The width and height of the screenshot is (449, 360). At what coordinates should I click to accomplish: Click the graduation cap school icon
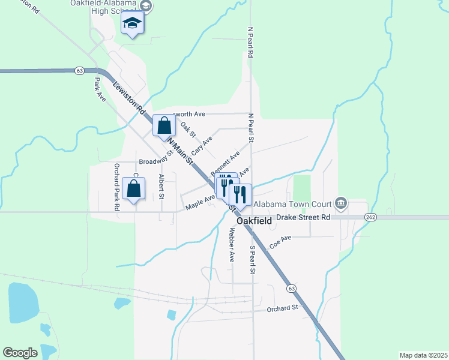pos(132,25)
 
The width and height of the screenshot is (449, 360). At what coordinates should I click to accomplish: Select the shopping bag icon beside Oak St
pos(164,126)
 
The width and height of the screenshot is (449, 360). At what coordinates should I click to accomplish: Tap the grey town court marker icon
pos(342,202)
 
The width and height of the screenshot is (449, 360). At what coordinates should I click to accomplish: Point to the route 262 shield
pos(370,217)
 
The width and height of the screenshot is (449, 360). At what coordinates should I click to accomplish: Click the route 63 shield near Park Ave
pos(79,71)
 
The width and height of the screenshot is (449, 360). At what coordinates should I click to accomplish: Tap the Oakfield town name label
pos(254,221)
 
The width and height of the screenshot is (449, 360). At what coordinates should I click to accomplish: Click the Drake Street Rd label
pos(303,217)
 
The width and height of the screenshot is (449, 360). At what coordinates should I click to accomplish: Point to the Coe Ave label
pos(280,241)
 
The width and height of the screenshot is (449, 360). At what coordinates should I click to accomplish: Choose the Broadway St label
pos(155,161)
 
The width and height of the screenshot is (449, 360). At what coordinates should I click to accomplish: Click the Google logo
pos(20,353)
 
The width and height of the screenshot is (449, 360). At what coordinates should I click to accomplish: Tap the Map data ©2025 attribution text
pos(423,355)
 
